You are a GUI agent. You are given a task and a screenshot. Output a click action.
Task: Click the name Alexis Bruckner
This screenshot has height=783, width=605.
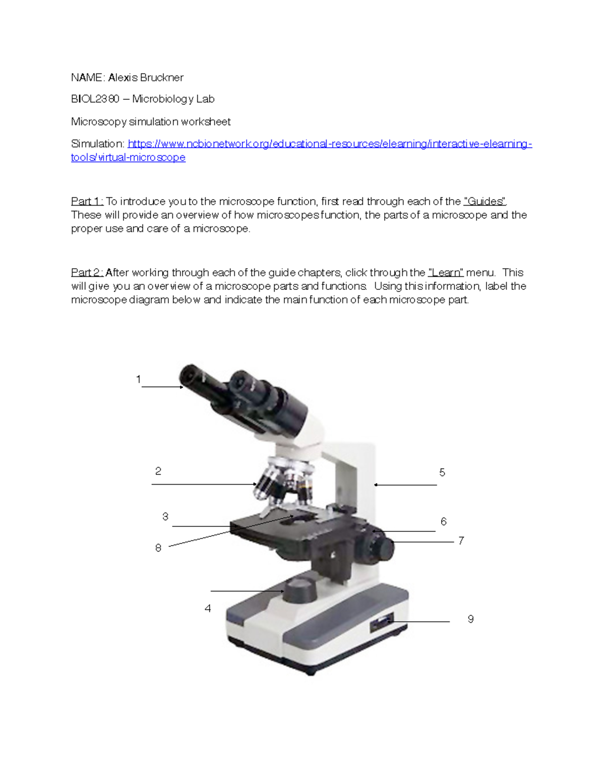click(146, 78)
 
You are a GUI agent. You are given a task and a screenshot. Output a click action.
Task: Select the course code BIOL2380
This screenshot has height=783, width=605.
click(95, 99)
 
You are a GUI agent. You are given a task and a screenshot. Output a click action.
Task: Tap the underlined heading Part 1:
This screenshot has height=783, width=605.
click(87, 202)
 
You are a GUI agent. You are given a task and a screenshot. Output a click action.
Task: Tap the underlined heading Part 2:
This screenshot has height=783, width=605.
click(87, 273)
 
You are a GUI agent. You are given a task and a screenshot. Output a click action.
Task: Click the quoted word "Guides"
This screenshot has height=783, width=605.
click(485, 202)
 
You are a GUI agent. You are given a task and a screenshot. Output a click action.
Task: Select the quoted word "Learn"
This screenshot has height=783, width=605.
click(446, 273)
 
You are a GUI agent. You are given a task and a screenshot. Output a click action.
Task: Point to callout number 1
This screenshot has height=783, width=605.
click(138, 379)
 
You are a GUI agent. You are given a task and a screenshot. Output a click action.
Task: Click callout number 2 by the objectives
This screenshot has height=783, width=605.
click(158, 471)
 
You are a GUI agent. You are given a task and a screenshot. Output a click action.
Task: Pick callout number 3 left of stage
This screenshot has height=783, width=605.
click(165, 516)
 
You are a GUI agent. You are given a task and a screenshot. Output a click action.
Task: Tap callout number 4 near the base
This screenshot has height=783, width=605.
click(208, 609)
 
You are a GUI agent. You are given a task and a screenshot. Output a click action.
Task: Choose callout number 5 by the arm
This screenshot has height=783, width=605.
click(442, 472)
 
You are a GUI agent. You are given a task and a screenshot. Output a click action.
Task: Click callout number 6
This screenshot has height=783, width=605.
click(444, 521)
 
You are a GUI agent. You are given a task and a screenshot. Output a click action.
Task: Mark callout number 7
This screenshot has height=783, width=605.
click(461, 540)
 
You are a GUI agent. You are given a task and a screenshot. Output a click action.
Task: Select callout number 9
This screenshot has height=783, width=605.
click(470, 619)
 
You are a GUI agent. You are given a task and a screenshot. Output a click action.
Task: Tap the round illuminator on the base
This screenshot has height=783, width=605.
click(300, 590)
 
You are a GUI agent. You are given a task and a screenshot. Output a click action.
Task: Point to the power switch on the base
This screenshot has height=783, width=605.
click(382, 622)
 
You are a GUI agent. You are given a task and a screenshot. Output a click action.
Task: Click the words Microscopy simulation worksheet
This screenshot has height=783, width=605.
click(151, 122)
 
